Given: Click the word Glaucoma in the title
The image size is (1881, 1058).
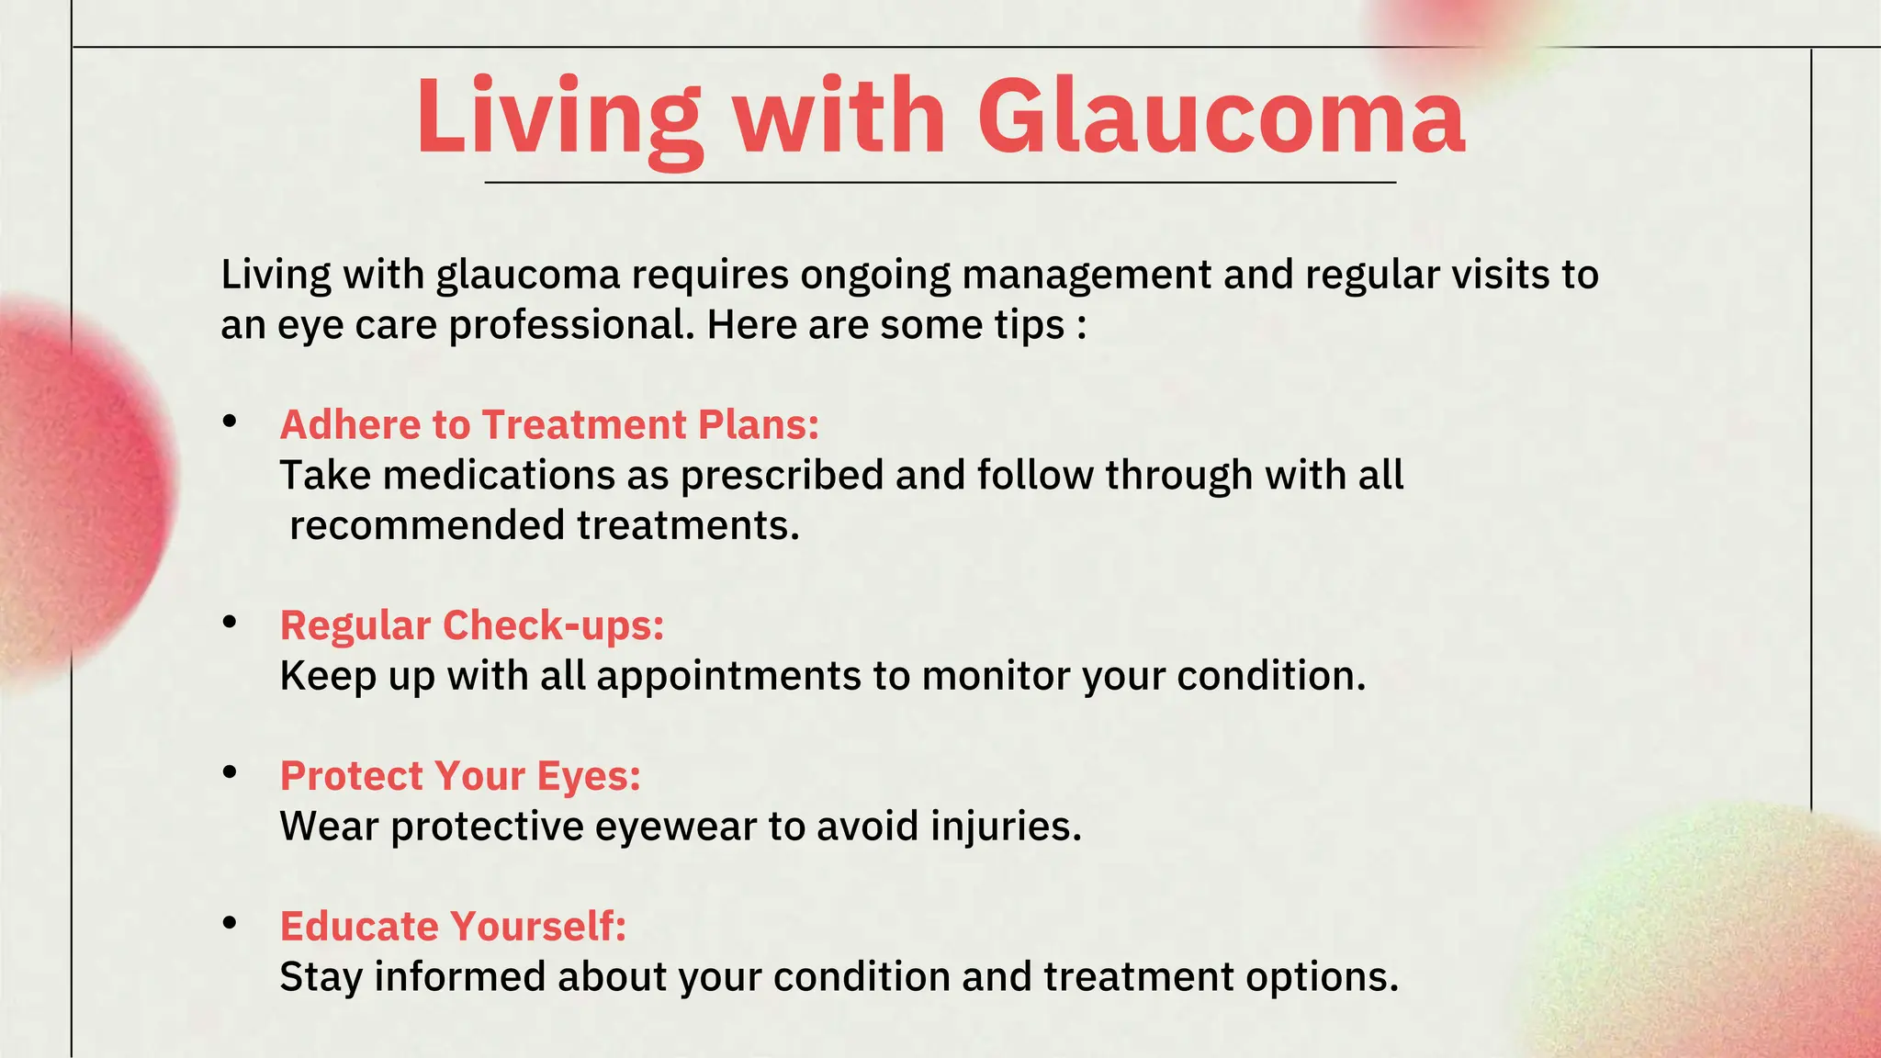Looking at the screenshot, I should pos(1221,118).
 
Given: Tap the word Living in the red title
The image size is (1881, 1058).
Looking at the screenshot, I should pos(558,118).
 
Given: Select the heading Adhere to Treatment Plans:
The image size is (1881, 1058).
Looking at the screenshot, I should pos(549,424).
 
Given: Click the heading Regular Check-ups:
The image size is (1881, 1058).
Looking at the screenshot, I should pos(472,625).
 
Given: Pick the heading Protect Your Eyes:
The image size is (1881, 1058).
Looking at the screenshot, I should pos(460,776).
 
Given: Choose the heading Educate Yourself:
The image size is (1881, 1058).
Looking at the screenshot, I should pos(453,926).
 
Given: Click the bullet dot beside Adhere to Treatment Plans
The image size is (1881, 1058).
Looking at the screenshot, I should pos(230,422).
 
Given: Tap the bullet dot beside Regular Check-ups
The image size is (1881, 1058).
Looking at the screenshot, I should pos(230,622).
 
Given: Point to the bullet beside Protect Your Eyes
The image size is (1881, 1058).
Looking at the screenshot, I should pos(230,772).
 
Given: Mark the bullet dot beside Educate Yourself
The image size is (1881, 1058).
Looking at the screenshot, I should pos(230,922).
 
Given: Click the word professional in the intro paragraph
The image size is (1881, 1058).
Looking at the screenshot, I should pos(571,325).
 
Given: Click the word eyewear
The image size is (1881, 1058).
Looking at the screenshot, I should pos(676,827).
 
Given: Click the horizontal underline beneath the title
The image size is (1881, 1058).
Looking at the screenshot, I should pos(940,183).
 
